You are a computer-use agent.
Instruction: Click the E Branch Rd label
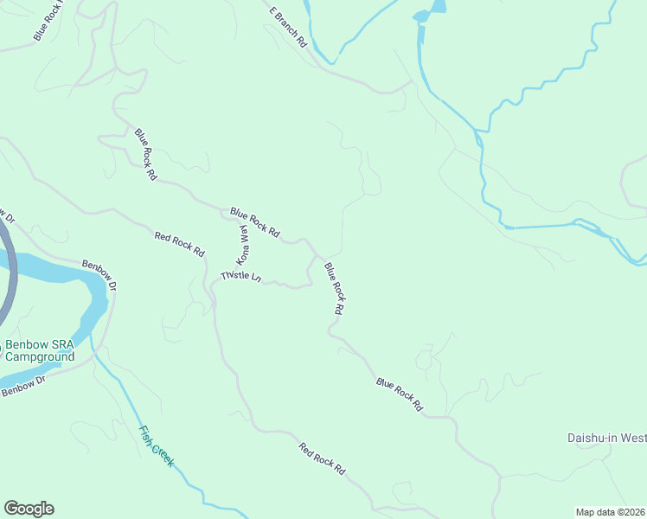(x=288, y=27)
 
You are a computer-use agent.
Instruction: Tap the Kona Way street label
(x=243, y=245)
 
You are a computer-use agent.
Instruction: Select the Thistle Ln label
(x=240, y=276)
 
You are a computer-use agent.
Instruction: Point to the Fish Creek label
(x=157, y=445)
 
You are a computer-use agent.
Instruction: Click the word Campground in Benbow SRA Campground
(x=40, y=356)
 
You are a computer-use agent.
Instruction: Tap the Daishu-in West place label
(x=606, y=438)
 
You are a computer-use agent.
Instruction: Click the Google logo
(x=29, y=509)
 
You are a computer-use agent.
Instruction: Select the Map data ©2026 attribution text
(x=610, y=511)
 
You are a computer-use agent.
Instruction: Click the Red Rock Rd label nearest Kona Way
(x=179, y=244)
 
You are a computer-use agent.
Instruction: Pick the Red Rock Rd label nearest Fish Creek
(x=322, y=459)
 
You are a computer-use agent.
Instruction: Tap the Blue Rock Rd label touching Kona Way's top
(x=255, y=222)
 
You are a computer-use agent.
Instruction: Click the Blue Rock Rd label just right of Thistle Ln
(x=335, y=287)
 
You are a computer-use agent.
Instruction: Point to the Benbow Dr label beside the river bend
(x=99, y=269)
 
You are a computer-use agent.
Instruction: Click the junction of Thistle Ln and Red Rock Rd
(x=213, y=285)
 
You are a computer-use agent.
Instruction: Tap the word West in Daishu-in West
(x=632, y=438)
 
